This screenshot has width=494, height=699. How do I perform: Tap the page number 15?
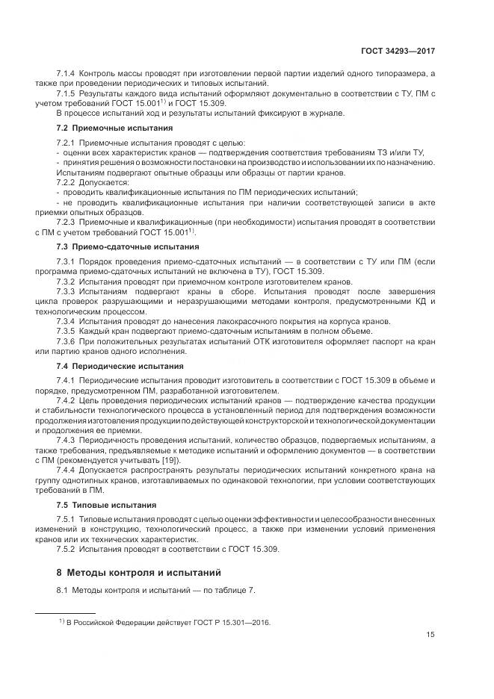(x=430, y=636)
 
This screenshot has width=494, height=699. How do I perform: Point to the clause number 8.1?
(x=62, y=591)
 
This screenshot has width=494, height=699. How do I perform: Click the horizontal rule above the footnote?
(x=65, y=612)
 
